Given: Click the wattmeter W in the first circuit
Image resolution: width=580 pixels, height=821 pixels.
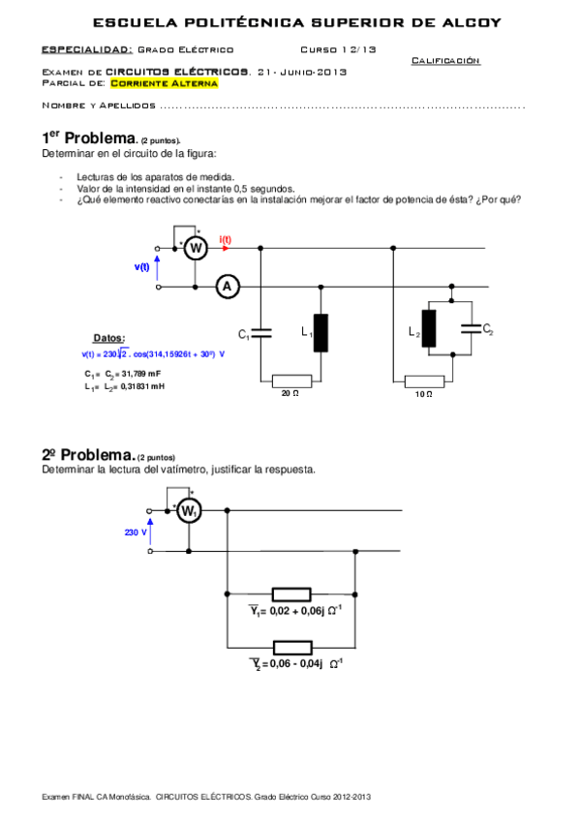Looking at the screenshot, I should [x=195, y=249].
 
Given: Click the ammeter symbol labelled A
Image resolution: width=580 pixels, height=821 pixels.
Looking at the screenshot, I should [x=227, y=287].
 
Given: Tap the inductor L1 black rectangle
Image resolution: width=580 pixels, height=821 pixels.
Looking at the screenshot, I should [x=321, y=332].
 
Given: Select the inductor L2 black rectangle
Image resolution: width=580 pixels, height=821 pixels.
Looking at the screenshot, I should [x=428, y=329].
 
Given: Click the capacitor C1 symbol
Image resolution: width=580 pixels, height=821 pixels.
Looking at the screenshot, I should [x=260, y=333].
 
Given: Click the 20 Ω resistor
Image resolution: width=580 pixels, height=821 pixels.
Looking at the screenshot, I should [x=291, y=380].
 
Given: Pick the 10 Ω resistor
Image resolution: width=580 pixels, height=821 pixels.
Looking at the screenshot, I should [x=423, y=380].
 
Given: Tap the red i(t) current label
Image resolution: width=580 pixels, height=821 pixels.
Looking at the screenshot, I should [x=225, y=239].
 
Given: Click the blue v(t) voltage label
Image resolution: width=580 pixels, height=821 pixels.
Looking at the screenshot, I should [x=141, y=266].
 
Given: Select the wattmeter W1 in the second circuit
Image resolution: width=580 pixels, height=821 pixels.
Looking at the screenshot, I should [x=189, y=511].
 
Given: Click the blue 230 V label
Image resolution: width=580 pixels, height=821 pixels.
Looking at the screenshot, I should [x=136, y=532].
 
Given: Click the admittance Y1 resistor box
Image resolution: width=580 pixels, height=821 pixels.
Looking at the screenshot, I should [x=290, y=593].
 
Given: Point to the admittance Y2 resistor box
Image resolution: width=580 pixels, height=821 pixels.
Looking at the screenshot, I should [x=290, y=647].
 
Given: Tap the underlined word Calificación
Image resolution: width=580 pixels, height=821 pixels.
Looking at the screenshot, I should [x=445, y=60].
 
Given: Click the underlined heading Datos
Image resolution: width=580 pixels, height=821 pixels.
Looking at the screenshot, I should [x=107, y=338].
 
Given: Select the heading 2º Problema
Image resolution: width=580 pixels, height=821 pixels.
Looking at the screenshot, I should [x=87, y=454].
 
